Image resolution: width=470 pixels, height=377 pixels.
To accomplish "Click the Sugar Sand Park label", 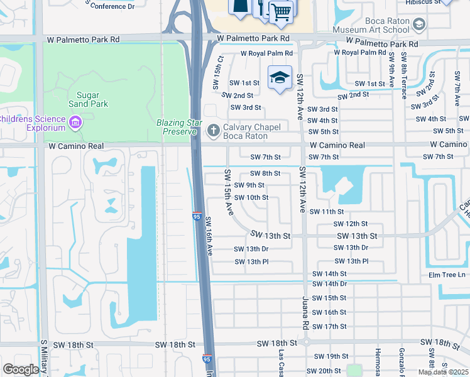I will [88, 99].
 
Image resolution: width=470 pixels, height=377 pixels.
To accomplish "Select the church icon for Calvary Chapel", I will [213, 131].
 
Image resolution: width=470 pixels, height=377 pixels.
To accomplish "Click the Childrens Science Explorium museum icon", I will [75, 121].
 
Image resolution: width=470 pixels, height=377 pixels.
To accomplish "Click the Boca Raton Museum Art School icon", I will [420, 25].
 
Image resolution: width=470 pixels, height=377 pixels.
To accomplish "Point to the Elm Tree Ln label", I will [447, 274].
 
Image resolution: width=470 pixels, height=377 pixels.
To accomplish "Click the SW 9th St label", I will [249, 185].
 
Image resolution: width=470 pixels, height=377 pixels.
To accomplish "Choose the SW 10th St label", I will [251, 198].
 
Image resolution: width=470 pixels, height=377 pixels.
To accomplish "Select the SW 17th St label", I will [329, 327].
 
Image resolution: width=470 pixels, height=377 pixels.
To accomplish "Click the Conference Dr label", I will [112, 6].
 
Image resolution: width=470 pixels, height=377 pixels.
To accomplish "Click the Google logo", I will [21, 369].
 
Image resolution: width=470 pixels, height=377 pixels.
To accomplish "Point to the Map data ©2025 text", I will [443, 372].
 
